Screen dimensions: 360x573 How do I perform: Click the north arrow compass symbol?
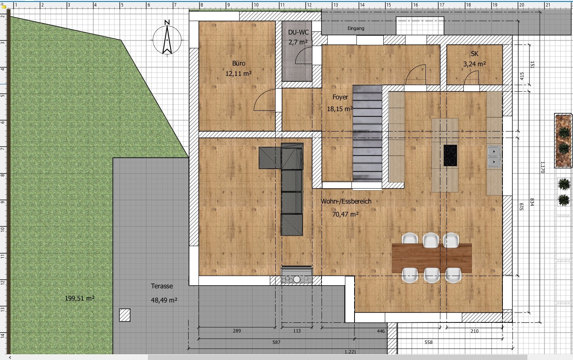167,39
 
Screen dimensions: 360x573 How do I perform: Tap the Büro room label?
238,63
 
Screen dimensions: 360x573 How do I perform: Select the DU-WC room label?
298,33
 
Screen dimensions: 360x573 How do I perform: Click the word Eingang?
356,28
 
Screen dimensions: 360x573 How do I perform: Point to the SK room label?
474,54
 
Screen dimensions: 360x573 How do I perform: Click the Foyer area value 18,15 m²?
340,109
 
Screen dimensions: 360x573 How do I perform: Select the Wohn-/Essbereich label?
346,201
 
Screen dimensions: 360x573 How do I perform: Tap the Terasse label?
162,286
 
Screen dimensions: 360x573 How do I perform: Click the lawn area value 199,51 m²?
80,298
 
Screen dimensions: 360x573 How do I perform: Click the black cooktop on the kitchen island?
450,155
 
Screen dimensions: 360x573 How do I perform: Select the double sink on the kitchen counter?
494,157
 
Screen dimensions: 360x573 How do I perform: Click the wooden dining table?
432,258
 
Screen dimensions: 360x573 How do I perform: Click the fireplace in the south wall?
297,276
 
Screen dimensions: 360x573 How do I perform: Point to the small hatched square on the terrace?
125,315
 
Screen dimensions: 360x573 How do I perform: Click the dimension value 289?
237,331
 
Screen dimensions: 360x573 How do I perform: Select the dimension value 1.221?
350,352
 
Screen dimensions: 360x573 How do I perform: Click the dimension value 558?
429,342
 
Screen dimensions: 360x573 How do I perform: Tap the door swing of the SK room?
471,79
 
